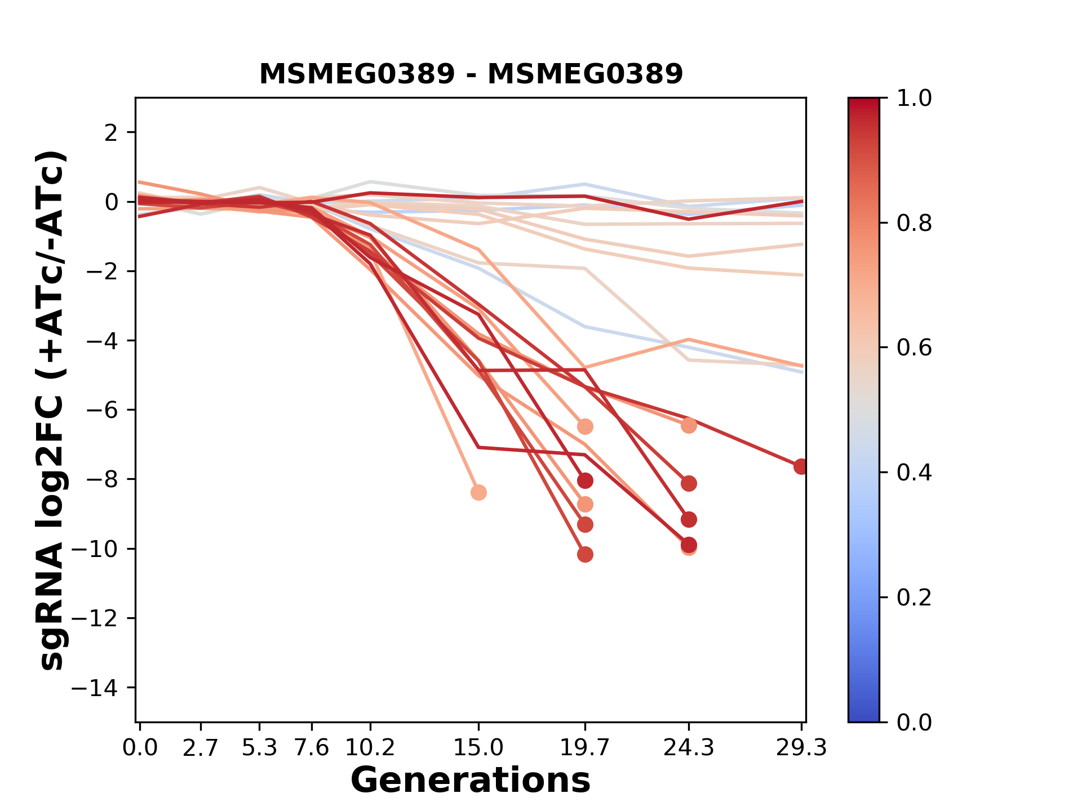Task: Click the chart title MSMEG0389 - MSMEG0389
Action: point(471,74)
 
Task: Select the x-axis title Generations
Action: point(471,780)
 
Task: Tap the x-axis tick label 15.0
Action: point(478,747)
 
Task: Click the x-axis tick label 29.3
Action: point(801,747)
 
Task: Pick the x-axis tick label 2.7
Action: point(201,747)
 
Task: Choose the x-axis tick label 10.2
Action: point(370,747)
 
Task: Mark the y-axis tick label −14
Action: point(102,688)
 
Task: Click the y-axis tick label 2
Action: point(113,132)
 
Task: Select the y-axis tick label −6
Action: point(102,410)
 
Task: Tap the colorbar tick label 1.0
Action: point(914,98)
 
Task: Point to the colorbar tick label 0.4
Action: point(914,473)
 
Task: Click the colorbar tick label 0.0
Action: point(914,722)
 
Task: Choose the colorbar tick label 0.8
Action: point(914,223)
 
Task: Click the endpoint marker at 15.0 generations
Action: point(478,493)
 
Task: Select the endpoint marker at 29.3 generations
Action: point(801,466)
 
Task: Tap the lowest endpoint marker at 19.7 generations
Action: point(585,555)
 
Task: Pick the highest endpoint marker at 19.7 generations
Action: point(585,426)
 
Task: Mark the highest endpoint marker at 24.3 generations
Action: point(689,425)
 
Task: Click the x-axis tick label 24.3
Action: point(688,747)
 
